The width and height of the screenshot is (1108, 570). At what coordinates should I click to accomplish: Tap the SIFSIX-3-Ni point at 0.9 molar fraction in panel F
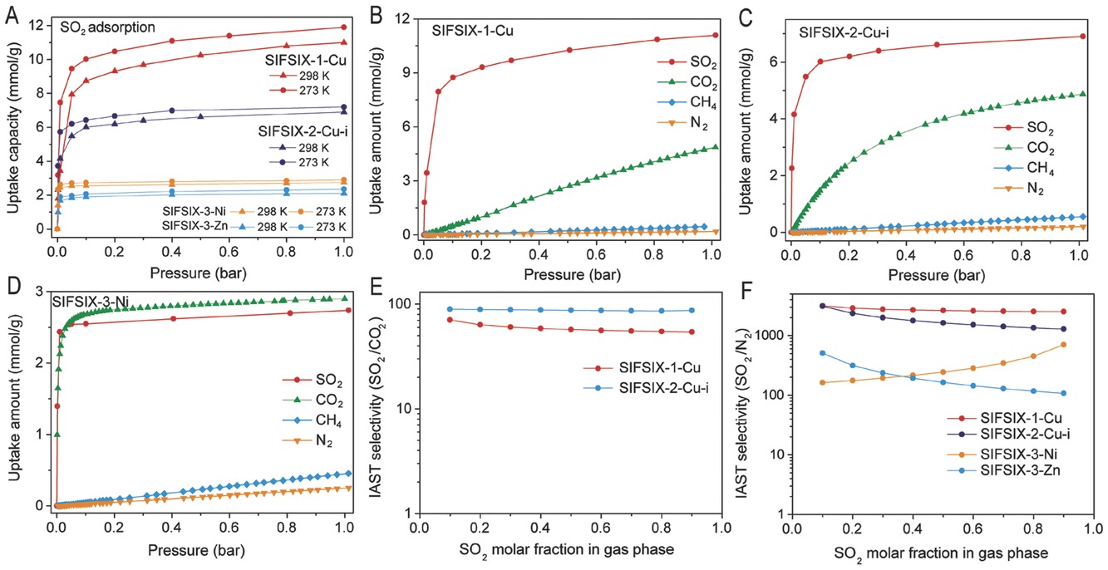click(1063, 345)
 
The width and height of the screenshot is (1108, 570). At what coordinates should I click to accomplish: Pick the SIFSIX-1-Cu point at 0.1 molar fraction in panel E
click(450, 320)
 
